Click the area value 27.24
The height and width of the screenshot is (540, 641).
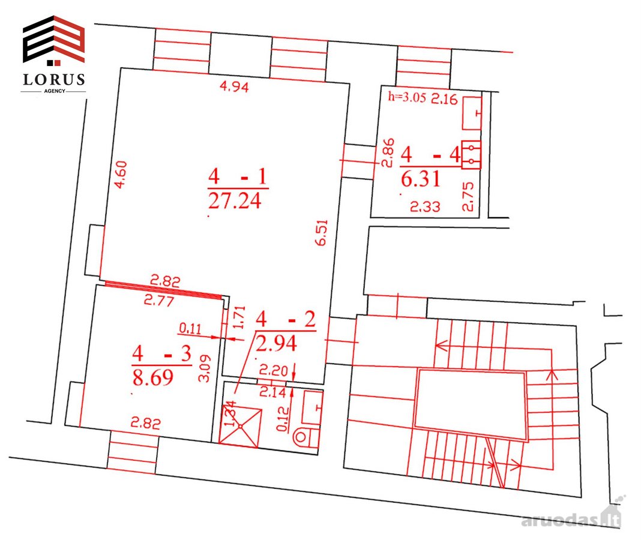[235, 201]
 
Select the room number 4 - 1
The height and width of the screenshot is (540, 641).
[238, 176]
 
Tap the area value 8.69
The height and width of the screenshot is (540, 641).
[153, 377]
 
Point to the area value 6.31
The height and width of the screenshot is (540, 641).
[421, 179]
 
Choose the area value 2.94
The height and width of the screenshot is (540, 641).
[276, 343]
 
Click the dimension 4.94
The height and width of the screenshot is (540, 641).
[234, 86]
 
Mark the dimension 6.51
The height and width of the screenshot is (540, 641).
[322, 233]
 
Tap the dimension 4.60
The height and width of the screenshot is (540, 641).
[121, 175]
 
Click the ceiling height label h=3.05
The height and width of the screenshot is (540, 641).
[407, 97]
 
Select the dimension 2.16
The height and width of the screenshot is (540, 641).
[444, 99]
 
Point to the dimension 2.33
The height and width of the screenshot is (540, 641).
[425, 207]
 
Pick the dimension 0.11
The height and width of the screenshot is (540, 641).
[190, 328]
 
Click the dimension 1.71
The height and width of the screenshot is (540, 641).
[239, 317]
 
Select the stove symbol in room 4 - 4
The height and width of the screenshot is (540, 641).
[471, 155]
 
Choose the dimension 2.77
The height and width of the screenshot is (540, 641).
[159, 301]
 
